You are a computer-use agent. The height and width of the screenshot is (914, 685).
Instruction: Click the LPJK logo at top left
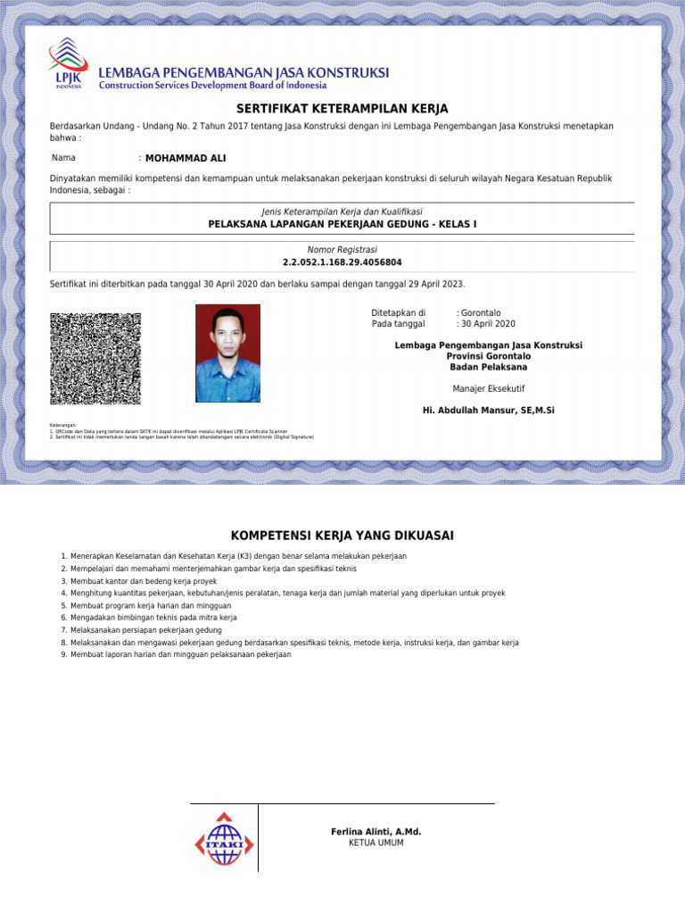click(68, 65)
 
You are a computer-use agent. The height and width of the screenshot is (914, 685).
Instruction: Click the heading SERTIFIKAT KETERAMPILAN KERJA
click(342, 109)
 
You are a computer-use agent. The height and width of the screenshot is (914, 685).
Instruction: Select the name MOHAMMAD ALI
click(186, 158)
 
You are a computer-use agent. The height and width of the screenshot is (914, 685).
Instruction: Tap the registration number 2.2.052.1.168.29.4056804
click(342, 262)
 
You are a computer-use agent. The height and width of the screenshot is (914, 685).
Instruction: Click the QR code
click(95, 358)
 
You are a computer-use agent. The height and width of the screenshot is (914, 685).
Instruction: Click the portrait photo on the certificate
click(227, 353)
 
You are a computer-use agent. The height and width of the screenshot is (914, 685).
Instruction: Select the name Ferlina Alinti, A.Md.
click(376, 832)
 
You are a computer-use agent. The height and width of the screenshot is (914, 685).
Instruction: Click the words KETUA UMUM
click(376, 843)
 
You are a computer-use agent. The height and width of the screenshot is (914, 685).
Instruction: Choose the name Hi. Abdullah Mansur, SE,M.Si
click(488, 411)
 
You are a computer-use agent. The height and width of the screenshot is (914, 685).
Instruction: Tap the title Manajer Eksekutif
click(488, 388)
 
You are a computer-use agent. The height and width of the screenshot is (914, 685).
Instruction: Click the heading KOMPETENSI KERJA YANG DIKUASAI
click(342, 536)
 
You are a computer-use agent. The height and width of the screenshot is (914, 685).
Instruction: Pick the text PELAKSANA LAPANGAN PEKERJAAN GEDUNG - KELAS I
click(342, 223)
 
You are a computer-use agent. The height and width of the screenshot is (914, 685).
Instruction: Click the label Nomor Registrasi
click(342, 249)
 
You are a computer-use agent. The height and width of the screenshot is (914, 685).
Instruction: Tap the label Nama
click(63, 158)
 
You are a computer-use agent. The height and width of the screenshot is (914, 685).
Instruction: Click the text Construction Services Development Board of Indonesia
click(212, 86)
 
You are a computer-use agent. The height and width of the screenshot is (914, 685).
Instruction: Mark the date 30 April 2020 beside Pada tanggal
click(488, 324)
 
